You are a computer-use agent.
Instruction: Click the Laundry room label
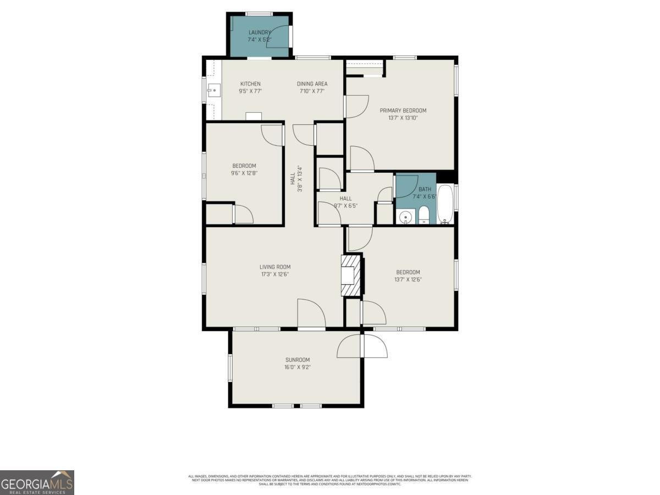coord(259,32)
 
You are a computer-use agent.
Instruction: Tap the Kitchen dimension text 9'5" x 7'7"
coord(250,91)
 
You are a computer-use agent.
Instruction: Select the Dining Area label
coord(312,84)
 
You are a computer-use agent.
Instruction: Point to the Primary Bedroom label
coord(403,111)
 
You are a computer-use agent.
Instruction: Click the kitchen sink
coord(213,89)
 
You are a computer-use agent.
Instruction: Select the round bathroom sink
coord(406,217)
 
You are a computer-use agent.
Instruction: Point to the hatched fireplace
coord(350,275)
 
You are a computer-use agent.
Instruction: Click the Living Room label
coord(275,267)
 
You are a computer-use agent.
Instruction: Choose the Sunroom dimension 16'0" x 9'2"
coord(297,367)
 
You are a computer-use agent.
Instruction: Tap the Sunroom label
coord(297,360)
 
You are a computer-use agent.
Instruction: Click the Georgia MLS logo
coord(37,482)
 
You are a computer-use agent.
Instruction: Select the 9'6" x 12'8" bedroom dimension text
coord(244,173)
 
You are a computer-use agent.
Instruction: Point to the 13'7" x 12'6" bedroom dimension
coord(408,279)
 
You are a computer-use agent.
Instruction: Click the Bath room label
coord(425,189)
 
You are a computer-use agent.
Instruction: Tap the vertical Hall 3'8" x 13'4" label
coord(296,179)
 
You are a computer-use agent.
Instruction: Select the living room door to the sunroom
coord(311,315)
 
